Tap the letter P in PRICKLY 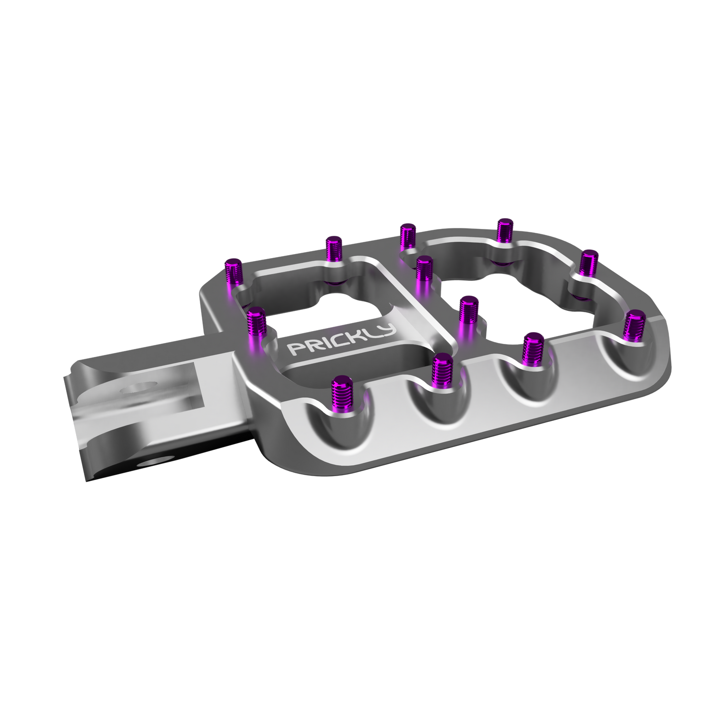click(x=295, y=349)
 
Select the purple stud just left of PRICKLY click(x=256, y=321)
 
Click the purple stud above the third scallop click(x=533, y=347)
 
